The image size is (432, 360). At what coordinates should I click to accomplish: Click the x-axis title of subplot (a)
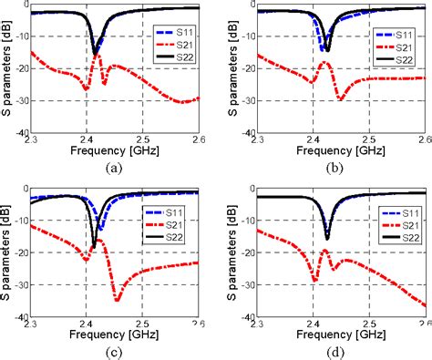click(x=113, y=152)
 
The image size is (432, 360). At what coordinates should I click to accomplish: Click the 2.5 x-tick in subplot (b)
click(x=369, y=139)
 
